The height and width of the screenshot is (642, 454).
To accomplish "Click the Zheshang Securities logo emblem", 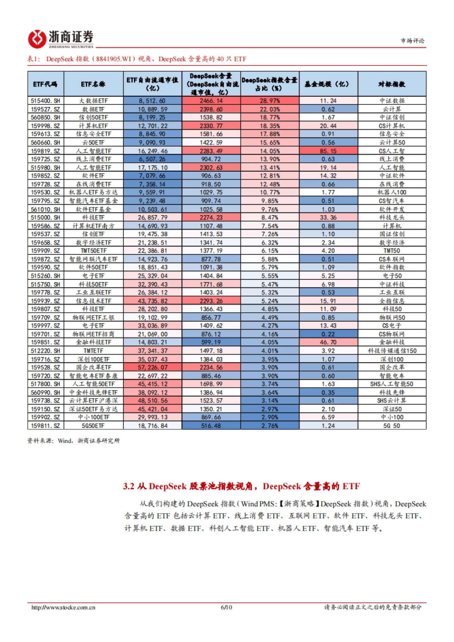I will (37, 39).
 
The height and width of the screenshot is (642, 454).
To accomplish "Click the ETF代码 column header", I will (45, 84).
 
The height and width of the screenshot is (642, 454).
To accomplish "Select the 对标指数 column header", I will (392, 84).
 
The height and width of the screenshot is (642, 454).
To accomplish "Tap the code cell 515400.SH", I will (45, 101).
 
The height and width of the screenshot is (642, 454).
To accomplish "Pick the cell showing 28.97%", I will (269, 101).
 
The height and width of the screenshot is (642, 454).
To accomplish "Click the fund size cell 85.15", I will (328, 151).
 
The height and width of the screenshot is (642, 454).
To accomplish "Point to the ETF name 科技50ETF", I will (93, 284).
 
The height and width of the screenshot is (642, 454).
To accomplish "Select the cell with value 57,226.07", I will (152, 368).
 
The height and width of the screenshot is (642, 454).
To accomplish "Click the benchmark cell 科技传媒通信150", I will (392, 351).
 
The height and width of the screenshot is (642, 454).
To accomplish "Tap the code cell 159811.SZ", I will (45, 426).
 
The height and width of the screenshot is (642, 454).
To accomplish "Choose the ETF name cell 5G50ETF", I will (93, 426).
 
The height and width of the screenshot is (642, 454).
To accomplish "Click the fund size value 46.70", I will (328, 343).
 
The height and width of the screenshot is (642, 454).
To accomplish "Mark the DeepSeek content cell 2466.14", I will (211, 101).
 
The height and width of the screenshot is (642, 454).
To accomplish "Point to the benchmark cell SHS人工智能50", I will (392, 384).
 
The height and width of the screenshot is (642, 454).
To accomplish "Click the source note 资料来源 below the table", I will (73, 441).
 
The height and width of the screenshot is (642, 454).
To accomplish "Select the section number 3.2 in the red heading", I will (129, 486).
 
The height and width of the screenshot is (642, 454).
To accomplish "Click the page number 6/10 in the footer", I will (226, 608).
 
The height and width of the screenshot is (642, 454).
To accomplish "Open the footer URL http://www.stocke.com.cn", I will (63, 608).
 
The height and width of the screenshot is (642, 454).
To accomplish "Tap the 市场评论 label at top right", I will (413, 40).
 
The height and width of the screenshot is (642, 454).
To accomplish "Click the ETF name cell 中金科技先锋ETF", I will (93, 392).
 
